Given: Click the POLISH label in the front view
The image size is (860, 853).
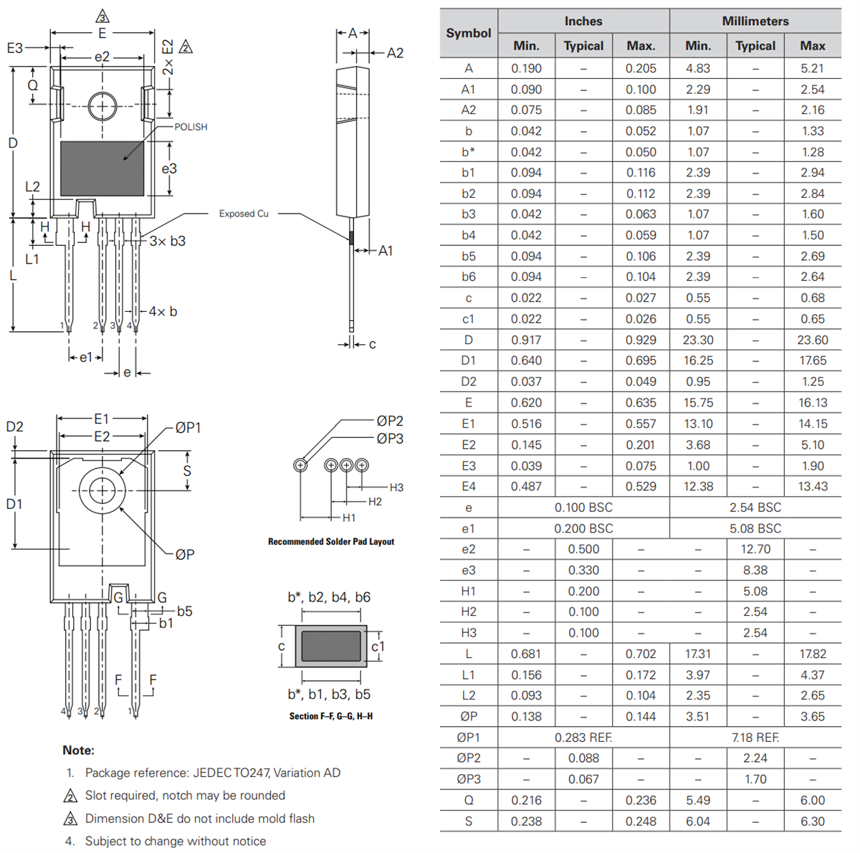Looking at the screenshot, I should coord(191,127).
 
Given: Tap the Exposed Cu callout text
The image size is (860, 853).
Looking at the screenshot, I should coord(244,214).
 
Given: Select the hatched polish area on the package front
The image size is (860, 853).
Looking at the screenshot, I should coord(102,168).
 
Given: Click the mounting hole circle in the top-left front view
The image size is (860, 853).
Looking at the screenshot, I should coord(102,107).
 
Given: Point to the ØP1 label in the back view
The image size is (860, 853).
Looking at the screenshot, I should coord(188,428).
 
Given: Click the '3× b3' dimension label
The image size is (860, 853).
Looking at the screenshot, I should coord(167,242).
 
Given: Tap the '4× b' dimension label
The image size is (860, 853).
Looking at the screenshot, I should coord(163,312).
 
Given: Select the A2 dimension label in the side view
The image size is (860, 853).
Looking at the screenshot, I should coord(395,53).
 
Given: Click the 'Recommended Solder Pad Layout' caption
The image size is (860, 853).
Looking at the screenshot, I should coord(330,542).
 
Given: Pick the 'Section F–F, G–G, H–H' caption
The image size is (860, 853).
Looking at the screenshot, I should coord(330,716).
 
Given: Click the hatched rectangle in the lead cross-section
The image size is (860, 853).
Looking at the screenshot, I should coord(330,647).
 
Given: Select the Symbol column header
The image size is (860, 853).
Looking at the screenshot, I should coord(469,33).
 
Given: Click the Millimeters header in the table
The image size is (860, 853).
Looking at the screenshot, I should coord(755,22).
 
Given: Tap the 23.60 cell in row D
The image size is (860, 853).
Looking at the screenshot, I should coord(813,340).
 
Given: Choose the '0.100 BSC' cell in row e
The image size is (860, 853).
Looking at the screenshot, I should coord(583,507).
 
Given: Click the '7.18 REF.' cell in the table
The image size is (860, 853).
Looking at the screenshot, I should coord(755,738).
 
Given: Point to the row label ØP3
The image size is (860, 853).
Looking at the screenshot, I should coord(469,779).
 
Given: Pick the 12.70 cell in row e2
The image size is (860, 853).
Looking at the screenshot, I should coord(755,549).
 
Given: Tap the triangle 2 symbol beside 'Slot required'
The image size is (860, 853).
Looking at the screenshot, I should coord(70,796).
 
